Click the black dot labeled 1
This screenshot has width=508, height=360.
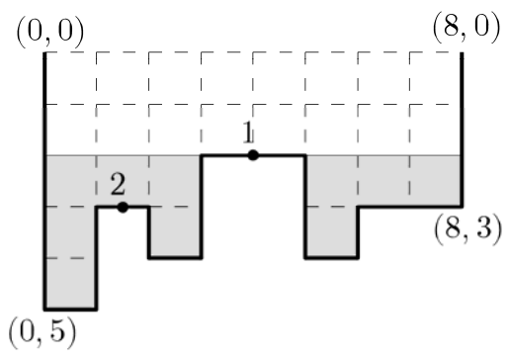(253, 155)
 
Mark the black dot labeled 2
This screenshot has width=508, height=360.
(123, 207)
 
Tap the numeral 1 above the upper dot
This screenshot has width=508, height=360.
(248, 133)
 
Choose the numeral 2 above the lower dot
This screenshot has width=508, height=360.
(118, 184)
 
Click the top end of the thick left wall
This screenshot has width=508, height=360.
(44, 52)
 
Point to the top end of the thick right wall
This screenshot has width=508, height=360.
(462, 52)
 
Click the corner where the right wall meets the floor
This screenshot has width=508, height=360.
(462, 207)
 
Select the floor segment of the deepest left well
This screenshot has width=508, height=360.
(70, 310)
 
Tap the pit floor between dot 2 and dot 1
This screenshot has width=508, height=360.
(175, 257)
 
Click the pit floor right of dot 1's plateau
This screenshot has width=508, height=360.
(331, 257)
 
